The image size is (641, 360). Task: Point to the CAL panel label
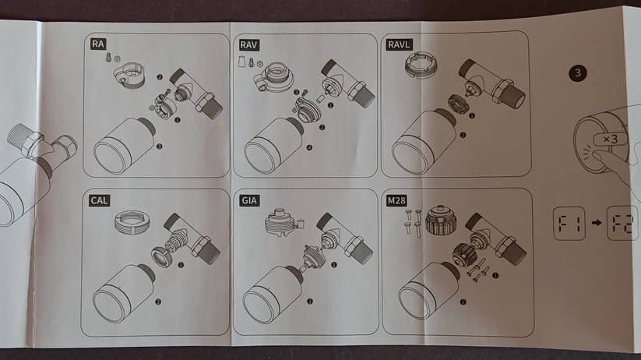coord(99,202)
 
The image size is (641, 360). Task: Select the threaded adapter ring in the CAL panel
coord(132,224)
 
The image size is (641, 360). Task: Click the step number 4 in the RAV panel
coord(309,146)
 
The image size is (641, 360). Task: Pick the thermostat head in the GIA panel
coord(273,300)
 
